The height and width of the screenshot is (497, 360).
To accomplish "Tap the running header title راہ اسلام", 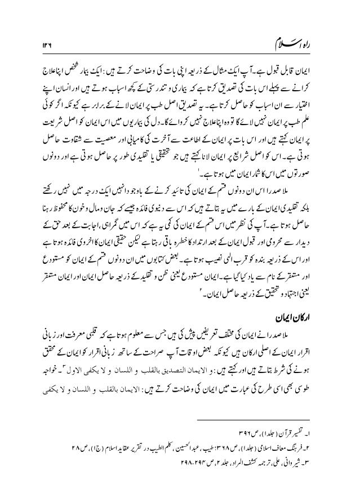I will point(294,40).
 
